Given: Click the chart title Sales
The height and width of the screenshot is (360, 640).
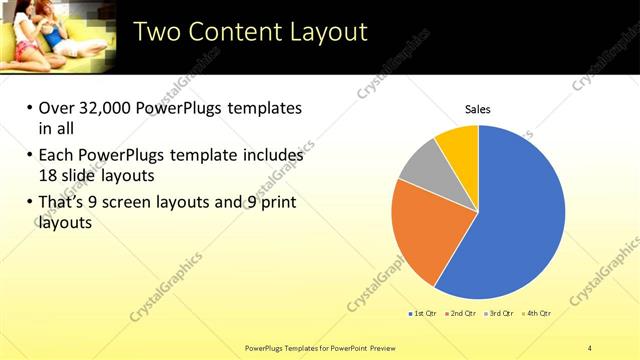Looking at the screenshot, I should [x=478, y=109].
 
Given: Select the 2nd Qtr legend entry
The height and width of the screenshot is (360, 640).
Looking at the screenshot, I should [x=459, y=313].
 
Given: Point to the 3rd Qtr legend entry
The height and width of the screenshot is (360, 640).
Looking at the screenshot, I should [x=497, y=313].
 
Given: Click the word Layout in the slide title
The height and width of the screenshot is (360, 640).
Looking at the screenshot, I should [x=324, y=32].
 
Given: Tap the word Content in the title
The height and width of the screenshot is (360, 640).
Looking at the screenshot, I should [x=232, y=32].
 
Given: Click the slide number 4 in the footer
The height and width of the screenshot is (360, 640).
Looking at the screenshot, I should [x=590, y=347].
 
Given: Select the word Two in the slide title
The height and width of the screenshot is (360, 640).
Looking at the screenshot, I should [x=156, y=32].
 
